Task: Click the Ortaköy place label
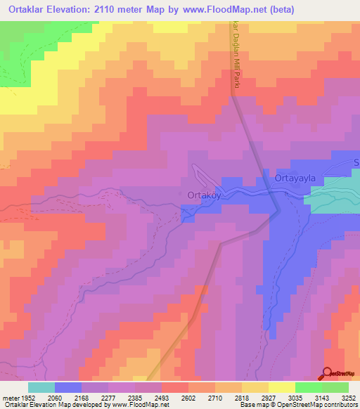[204, 195]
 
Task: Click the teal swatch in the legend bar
[41, 387]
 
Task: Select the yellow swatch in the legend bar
[282, 387]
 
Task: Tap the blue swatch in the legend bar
[68, 387]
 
